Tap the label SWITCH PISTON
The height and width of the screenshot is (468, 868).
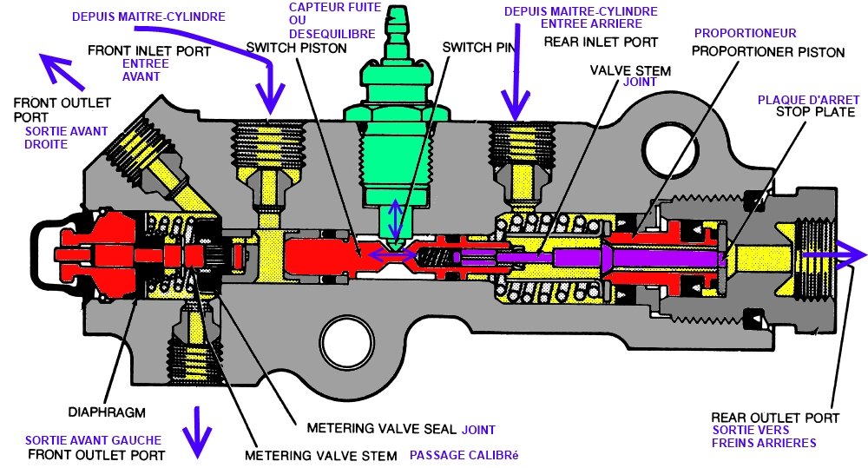pyautogui.click(x=296, y=48)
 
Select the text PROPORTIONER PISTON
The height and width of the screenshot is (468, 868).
pyautogui.click(x=768, y=52)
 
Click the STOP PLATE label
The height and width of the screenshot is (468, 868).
pyautogui.click(x=815, y=112)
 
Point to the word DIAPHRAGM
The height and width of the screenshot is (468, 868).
pyautogui.click(x=107, y=412)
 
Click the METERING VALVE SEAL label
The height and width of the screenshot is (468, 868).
pyautogui.click(x=381, y=428)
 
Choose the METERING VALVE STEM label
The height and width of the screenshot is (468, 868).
pyautogui.click(x=321, y=456)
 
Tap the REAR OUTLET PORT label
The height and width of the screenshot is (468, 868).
pyautogui.click(x=775, y=418)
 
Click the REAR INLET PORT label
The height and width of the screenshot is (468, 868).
pyautogui.click(x=601, y=42)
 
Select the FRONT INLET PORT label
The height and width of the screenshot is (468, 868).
pyautogui.click(x=149, y=51)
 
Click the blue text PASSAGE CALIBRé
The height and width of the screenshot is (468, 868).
pyautogui.click(x=464, y=455)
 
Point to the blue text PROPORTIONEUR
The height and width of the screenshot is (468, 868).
pyautogui.click(x=745, y=33)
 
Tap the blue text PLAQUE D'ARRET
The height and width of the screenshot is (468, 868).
pyautogui.click(x=808, y=100)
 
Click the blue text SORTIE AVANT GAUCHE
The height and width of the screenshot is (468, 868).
pyautogui.click(x=93, y=441)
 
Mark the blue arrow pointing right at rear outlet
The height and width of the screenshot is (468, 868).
pyautogui.click(x=833, y=255)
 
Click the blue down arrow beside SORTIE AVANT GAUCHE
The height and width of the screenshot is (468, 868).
pyautogui.click(x=197, y=433)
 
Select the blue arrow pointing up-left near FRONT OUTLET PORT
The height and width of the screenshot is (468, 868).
pyautogui.click(x=62, y=71)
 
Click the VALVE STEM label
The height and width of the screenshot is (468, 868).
pyautogui.click(x=630, y=71)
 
